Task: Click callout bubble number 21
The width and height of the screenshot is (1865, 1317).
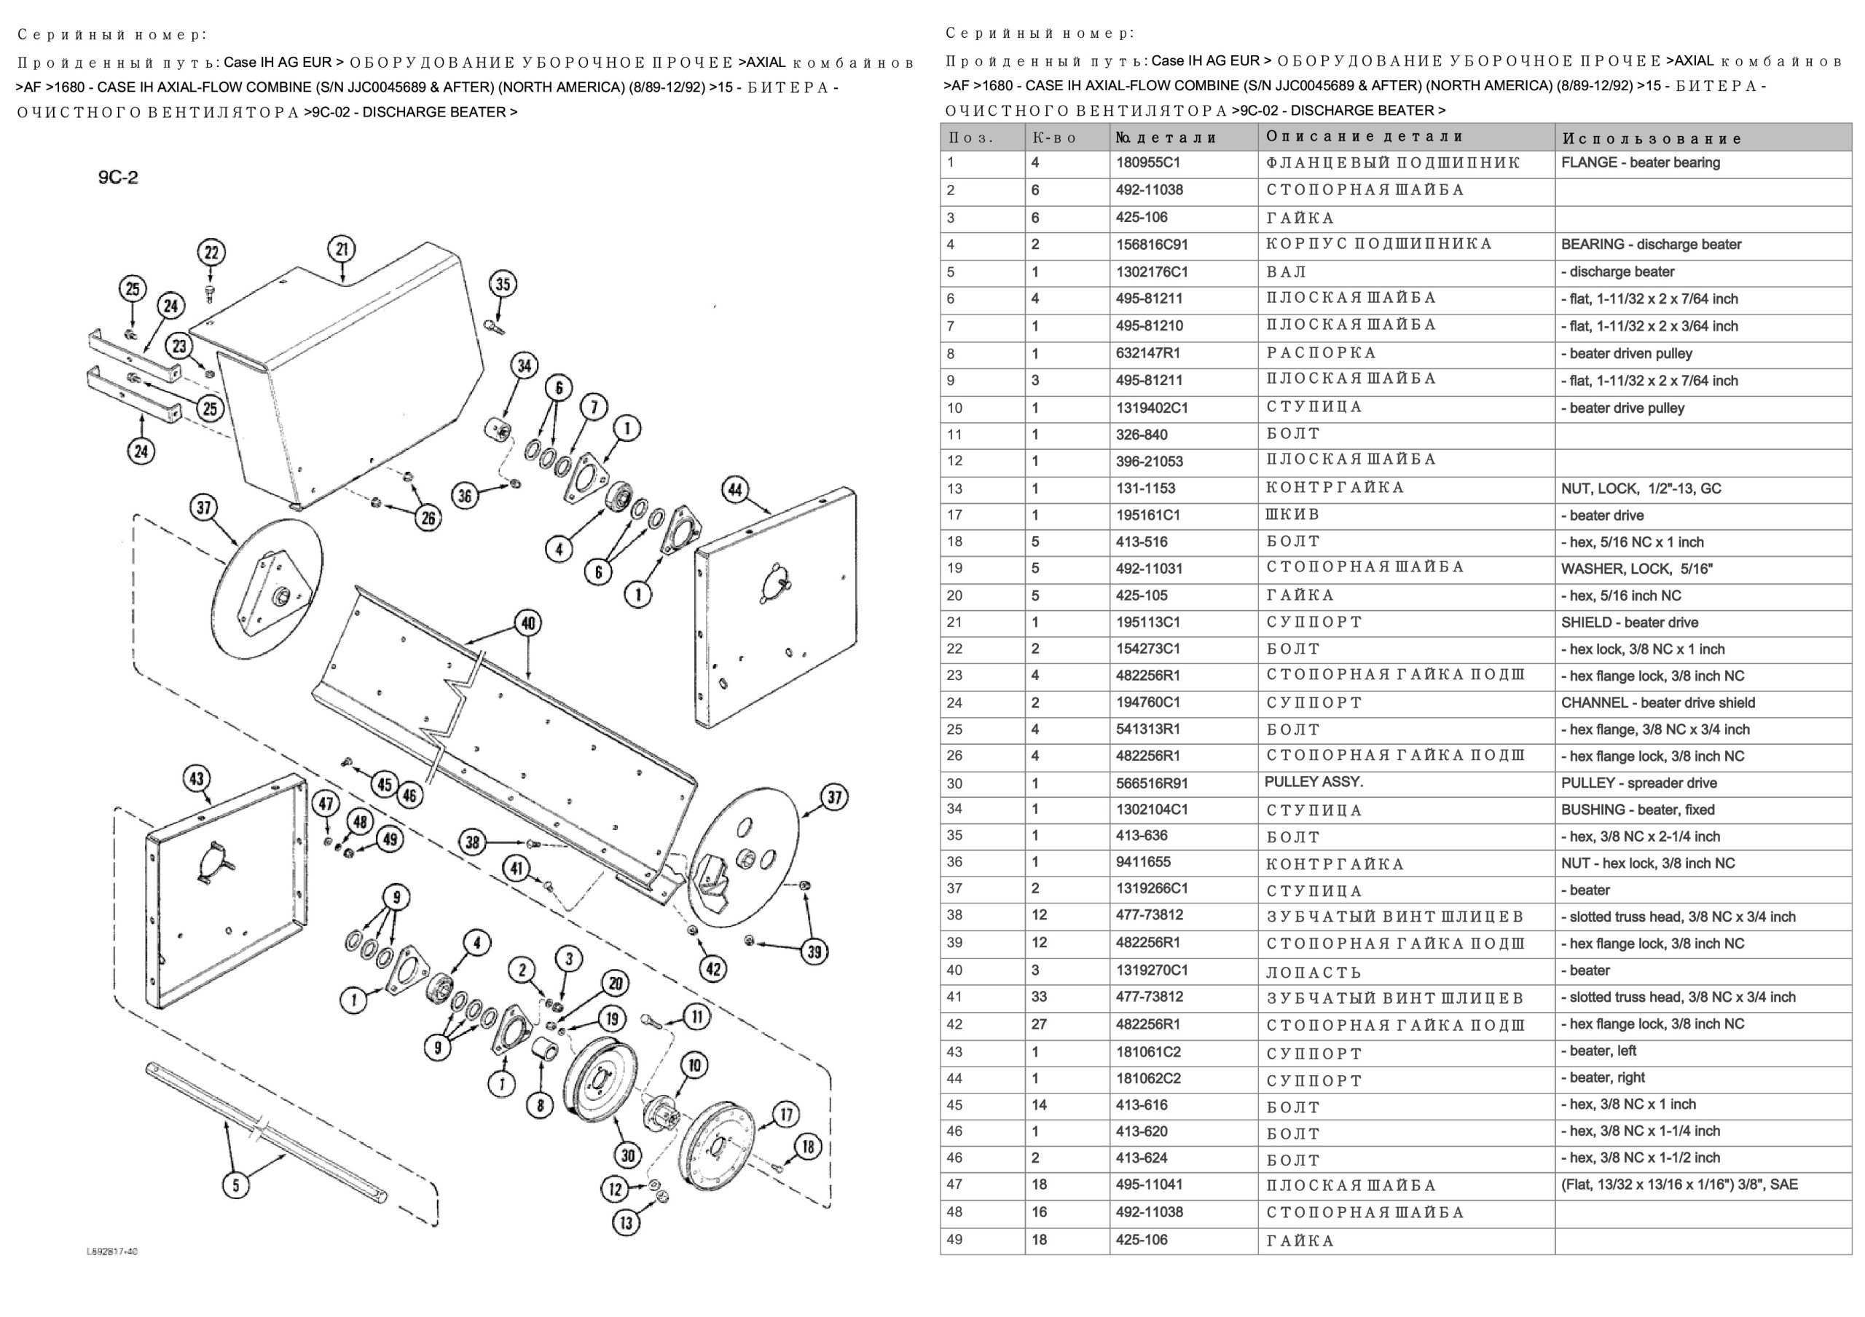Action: [342, 249]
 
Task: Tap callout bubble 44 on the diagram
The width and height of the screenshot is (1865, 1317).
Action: [735, 489]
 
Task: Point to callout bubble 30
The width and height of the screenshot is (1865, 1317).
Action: [628, 1155]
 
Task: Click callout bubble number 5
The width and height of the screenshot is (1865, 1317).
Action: [235, 1185]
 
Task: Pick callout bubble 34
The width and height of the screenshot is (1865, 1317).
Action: [525, 366]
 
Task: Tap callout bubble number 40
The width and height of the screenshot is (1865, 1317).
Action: [529, 622]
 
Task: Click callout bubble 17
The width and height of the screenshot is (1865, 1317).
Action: [785, 1115]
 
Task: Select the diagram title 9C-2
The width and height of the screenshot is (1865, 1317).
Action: [119, 177]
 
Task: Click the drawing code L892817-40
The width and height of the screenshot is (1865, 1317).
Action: [112, 1251]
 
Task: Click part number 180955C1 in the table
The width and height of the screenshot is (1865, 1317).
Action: [1147, 162]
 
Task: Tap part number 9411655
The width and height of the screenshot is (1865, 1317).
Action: [1143, 862]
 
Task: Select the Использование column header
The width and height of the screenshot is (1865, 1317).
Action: [1652, 138]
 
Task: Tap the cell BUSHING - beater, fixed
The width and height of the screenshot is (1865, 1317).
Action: [1638, 810]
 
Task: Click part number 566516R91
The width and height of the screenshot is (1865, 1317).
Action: [1152, 783]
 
